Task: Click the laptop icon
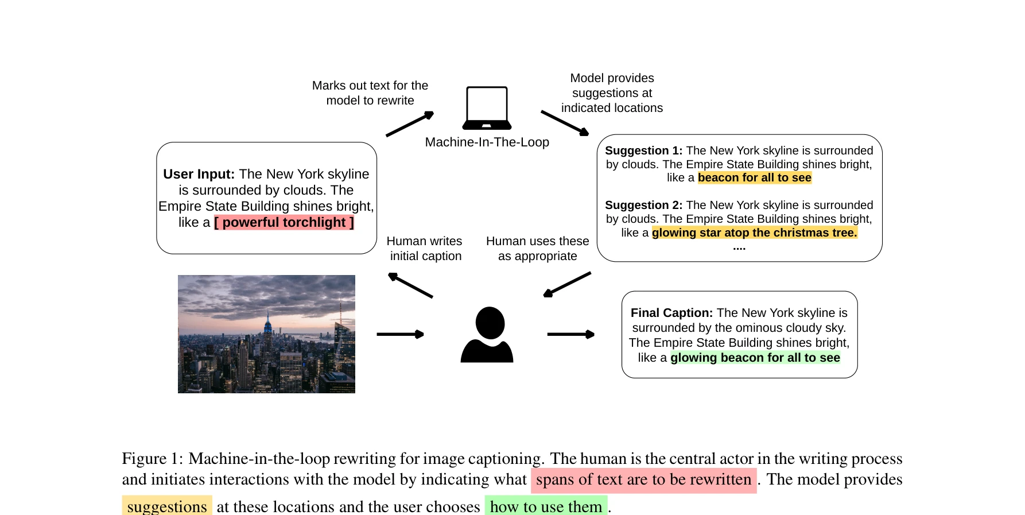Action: click(487, 108)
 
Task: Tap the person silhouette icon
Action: click(487, 335)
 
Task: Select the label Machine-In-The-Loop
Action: click(487, 142)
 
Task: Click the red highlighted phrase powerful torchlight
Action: click(284, 223)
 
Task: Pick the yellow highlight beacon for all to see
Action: click(754, 178)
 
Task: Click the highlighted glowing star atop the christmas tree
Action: click(754, 233)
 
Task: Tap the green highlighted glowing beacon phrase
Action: click(755, 358)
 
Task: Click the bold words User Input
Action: click(199, 174)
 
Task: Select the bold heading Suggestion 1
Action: click(643, 150)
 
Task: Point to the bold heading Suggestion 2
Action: click(643, 205)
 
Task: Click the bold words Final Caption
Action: click(671, 313)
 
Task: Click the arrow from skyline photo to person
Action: click(400, 334)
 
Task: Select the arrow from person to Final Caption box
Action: click(570, 334)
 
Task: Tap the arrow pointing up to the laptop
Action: click(409, 124)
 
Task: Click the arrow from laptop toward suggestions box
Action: click(565, 123)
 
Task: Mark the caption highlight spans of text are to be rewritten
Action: click(643, 480)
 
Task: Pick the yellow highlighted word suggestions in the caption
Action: click(167, 506)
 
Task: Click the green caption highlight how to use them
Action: click(546, 506)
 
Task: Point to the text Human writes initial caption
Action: click(425, 249)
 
